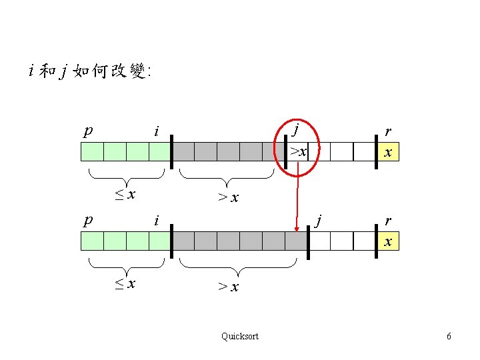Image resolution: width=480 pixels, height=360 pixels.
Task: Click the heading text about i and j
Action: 90,71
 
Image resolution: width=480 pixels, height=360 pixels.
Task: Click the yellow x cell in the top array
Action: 387,152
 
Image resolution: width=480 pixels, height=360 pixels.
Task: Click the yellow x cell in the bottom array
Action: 387,241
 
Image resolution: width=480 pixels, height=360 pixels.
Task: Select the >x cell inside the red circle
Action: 298,151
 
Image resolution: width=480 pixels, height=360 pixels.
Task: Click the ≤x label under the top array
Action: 125,195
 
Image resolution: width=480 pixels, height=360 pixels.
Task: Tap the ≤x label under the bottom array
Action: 125,283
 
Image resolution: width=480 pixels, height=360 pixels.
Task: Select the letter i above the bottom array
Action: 156,220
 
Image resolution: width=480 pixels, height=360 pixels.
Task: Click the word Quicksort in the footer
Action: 240,336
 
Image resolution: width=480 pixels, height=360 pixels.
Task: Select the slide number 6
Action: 449,337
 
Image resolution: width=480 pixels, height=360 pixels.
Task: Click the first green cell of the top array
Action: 92,152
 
